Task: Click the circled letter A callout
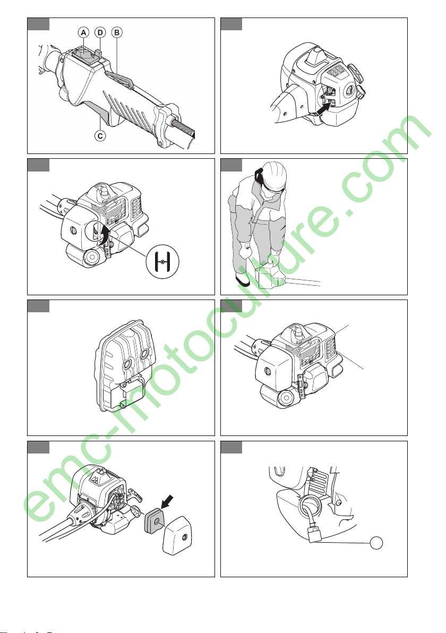[x=83, y=32]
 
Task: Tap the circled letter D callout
[x=100, y=32]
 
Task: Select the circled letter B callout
[x=117, y=32]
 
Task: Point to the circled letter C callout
[x=100, y=135]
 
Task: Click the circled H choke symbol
[x=162, y=262]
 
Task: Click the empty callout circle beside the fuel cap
[x=376, y=543]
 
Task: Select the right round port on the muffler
[x=145, y=354]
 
